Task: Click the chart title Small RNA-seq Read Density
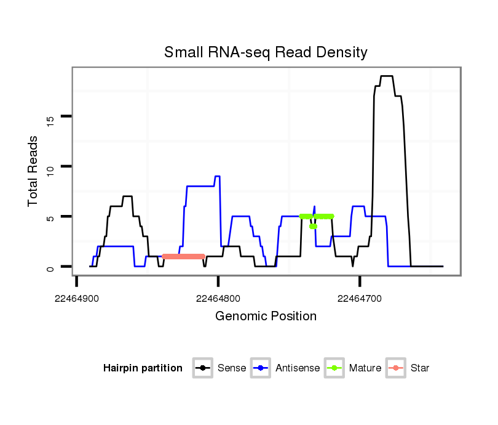click(x=266, y=52)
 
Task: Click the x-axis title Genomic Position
click(x=266, y=317)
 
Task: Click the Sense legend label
click(x=232, y=368)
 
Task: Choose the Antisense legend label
click(x=298, y=368)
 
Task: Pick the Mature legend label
click(x=365, y=368)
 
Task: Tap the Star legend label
click(x=420, y=368)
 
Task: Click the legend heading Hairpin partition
click(x=143, y=368)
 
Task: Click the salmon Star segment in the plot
click(x=183, y=256)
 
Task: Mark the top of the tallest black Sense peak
click(x=386, y=76)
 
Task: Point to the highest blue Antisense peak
click(x=217, y=176)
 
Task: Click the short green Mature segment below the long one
click(x=313, y=227)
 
